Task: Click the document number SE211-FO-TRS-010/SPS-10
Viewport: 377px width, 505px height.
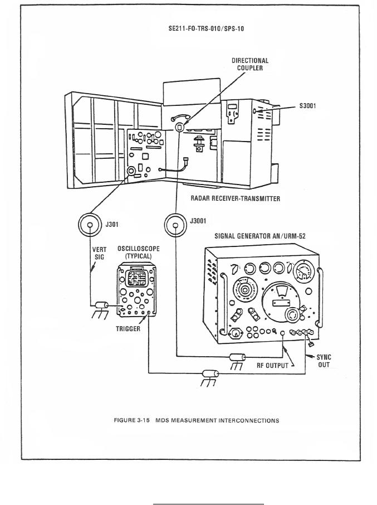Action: pyautogui.click(x=206, y=28)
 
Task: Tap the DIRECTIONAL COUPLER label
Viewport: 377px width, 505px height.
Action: pyautogui.click(x=250, y=64)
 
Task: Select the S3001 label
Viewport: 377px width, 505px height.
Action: pyautogui.click(x=307, y=106)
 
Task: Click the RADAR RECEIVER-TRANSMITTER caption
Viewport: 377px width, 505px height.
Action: pyautogui.click(x=235, y=198)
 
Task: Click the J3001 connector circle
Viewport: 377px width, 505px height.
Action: pyautogui.click(x=175, y=225)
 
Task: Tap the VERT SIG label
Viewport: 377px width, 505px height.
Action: pyautogui.click(x=99, y=253)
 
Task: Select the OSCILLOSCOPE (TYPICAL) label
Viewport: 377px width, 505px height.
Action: pyautogui.click(x=138, y=252)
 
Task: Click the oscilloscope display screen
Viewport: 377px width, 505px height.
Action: pyautogui.click(x=136, y=278)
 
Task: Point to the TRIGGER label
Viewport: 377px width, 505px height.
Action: pyautogui.click(x=128, y=329)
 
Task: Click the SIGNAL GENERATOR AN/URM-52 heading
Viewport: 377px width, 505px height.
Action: pyautogui.click(x=260, y=236)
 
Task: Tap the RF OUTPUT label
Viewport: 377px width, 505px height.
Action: pyautogui.click(x=272, y=365)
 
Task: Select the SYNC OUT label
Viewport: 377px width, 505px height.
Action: pyautogui.click(x=324, y=361)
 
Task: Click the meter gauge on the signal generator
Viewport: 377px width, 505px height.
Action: pyautogui.click(x=303, y=270)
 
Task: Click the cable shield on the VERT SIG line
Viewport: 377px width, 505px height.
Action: pyautogui.click(x=102, y=305)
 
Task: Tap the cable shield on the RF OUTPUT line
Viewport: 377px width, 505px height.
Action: pyautogui.click(x=237, y=357)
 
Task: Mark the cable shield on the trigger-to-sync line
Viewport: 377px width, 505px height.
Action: pyautogui.click(x=210, y=374)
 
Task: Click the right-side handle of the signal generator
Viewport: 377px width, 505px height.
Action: pyautogui.click(x=320, y=297)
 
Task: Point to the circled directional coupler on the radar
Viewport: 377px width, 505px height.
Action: pyautogui.click(x=179, y=127)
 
